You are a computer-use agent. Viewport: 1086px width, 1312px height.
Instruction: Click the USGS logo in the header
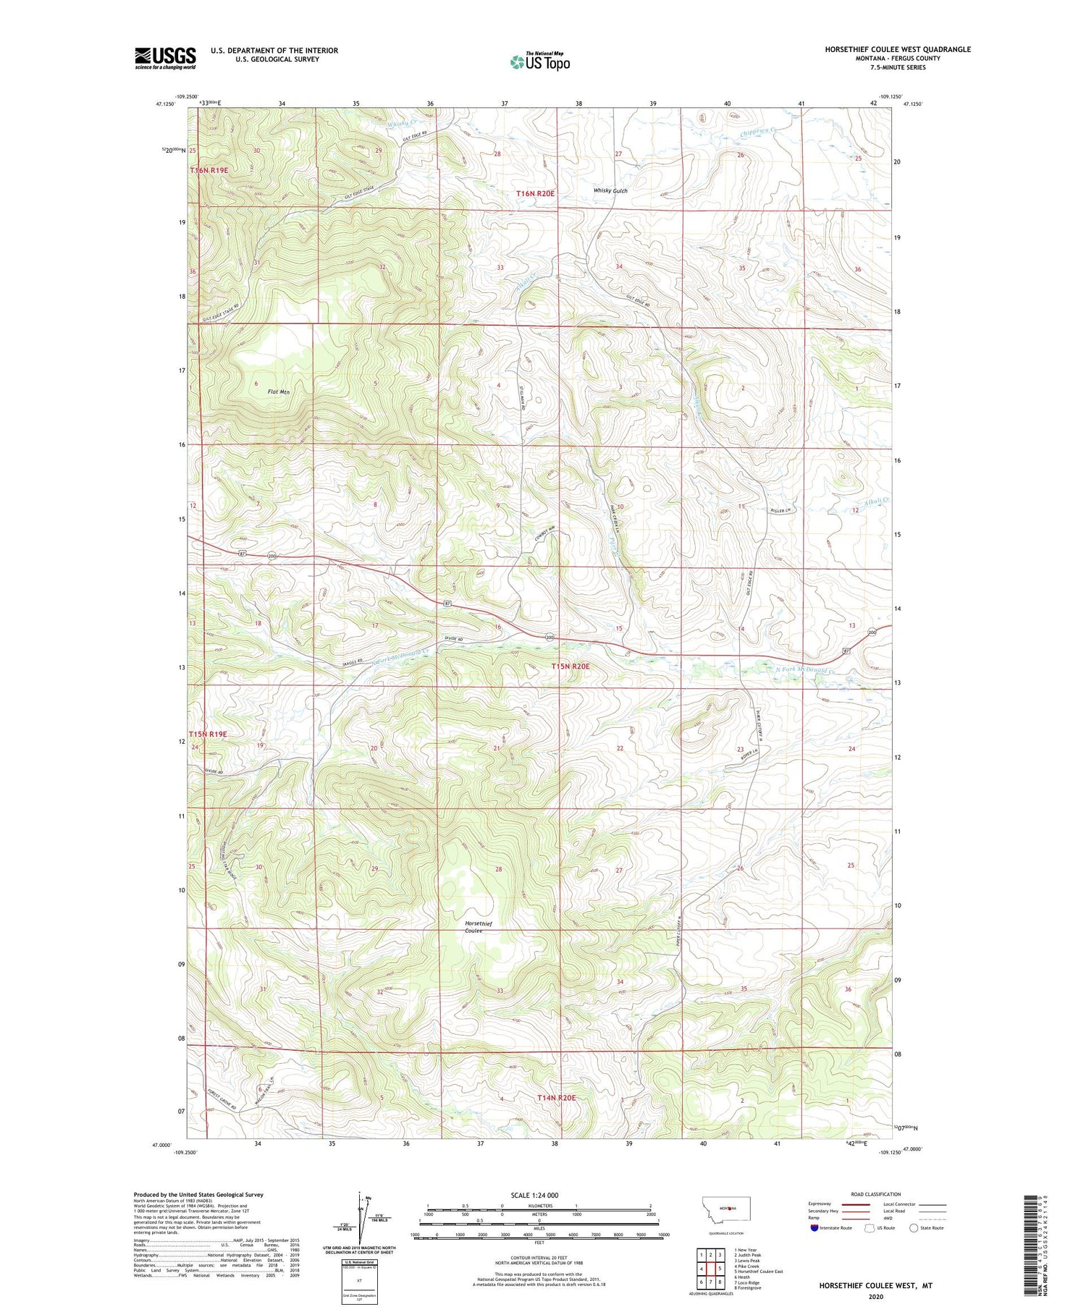(165, 58)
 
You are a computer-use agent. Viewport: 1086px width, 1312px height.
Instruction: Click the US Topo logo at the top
(540, 62)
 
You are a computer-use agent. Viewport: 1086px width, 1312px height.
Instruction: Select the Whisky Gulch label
(610, 190)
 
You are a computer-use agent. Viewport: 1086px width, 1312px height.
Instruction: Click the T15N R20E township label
(571, 665)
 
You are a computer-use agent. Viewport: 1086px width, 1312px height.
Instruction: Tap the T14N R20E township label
(556, 1097)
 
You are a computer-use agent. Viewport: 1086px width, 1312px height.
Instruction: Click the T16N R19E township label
(209, 170)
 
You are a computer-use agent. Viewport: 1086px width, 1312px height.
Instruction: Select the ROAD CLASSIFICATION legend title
(877, 1193)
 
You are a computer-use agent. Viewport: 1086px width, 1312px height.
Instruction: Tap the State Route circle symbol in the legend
(914, 1227)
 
